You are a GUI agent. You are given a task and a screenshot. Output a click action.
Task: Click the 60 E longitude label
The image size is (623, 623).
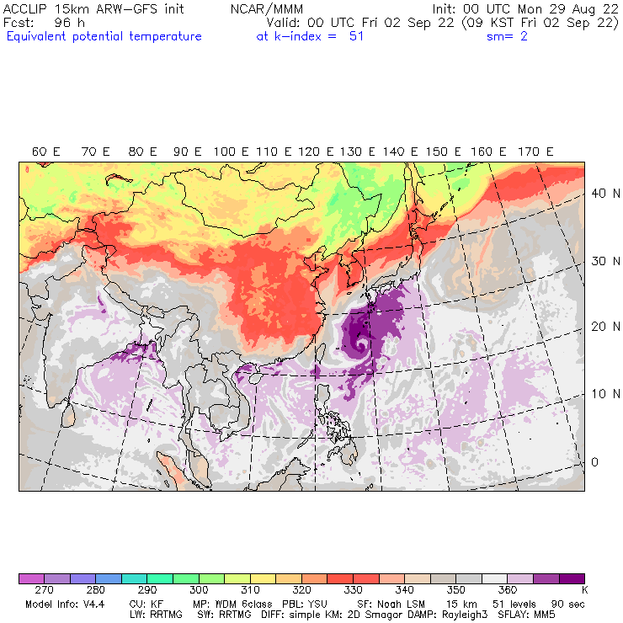coord(45,152)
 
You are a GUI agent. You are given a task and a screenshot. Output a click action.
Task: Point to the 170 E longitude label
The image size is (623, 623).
coord(536,152)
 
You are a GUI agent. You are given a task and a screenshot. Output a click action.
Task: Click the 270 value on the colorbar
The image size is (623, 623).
coord(44,590)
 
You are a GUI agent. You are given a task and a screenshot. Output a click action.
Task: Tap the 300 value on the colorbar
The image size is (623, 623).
coord(199,590)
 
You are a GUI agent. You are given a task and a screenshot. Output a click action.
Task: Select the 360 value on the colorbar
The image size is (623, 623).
coord(508,590)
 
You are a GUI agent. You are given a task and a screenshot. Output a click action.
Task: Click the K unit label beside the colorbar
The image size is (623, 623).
coord(584,590)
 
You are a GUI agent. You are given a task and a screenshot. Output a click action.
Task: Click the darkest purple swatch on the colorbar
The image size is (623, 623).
coord(572,578)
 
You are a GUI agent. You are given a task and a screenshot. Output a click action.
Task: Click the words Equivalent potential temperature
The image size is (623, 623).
coord(104,36)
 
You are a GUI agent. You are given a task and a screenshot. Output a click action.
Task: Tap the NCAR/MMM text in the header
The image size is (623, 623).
coord(266,8)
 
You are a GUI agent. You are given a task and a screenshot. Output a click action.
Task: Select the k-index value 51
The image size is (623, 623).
coord(356,36)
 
